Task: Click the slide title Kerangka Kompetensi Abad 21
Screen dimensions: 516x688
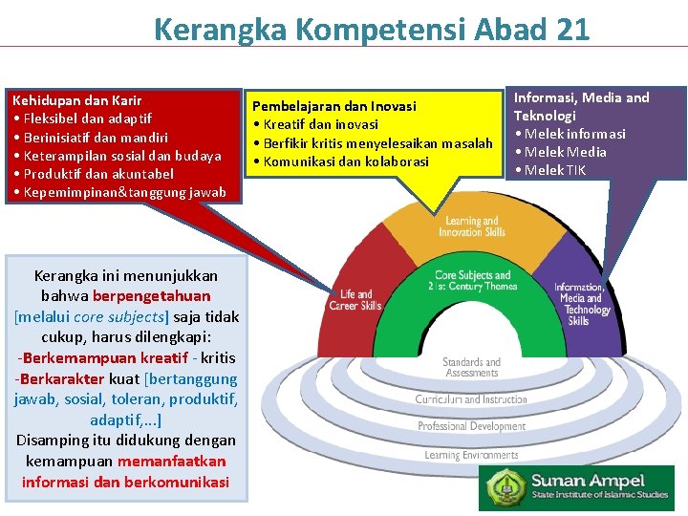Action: (371, 29)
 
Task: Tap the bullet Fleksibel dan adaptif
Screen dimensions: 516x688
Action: (81, 118)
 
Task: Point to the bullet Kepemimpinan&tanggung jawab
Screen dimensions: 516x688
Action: (118, 192)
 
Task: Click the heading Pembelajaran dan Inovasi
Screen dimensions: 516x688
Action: (333, 106)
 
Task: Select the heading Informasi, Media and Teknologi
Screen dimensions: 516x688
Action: (581, 106)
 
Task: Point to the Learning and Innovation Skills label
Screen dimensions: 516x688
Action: (471, 227)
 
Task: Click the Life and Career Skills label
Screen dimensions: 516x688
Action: (355, 300)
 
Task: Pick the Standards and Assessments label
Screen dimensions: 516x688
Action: (471, 368)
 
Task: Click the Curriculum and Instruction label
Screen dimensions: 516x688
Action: (471, 399)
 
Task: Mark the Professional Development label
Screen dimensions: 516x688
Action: (471, 426)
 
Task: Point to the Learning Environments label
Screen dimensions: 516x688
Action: (471, 455)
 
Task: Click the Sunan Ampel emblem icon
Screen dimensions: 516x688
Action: (505, 487)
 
